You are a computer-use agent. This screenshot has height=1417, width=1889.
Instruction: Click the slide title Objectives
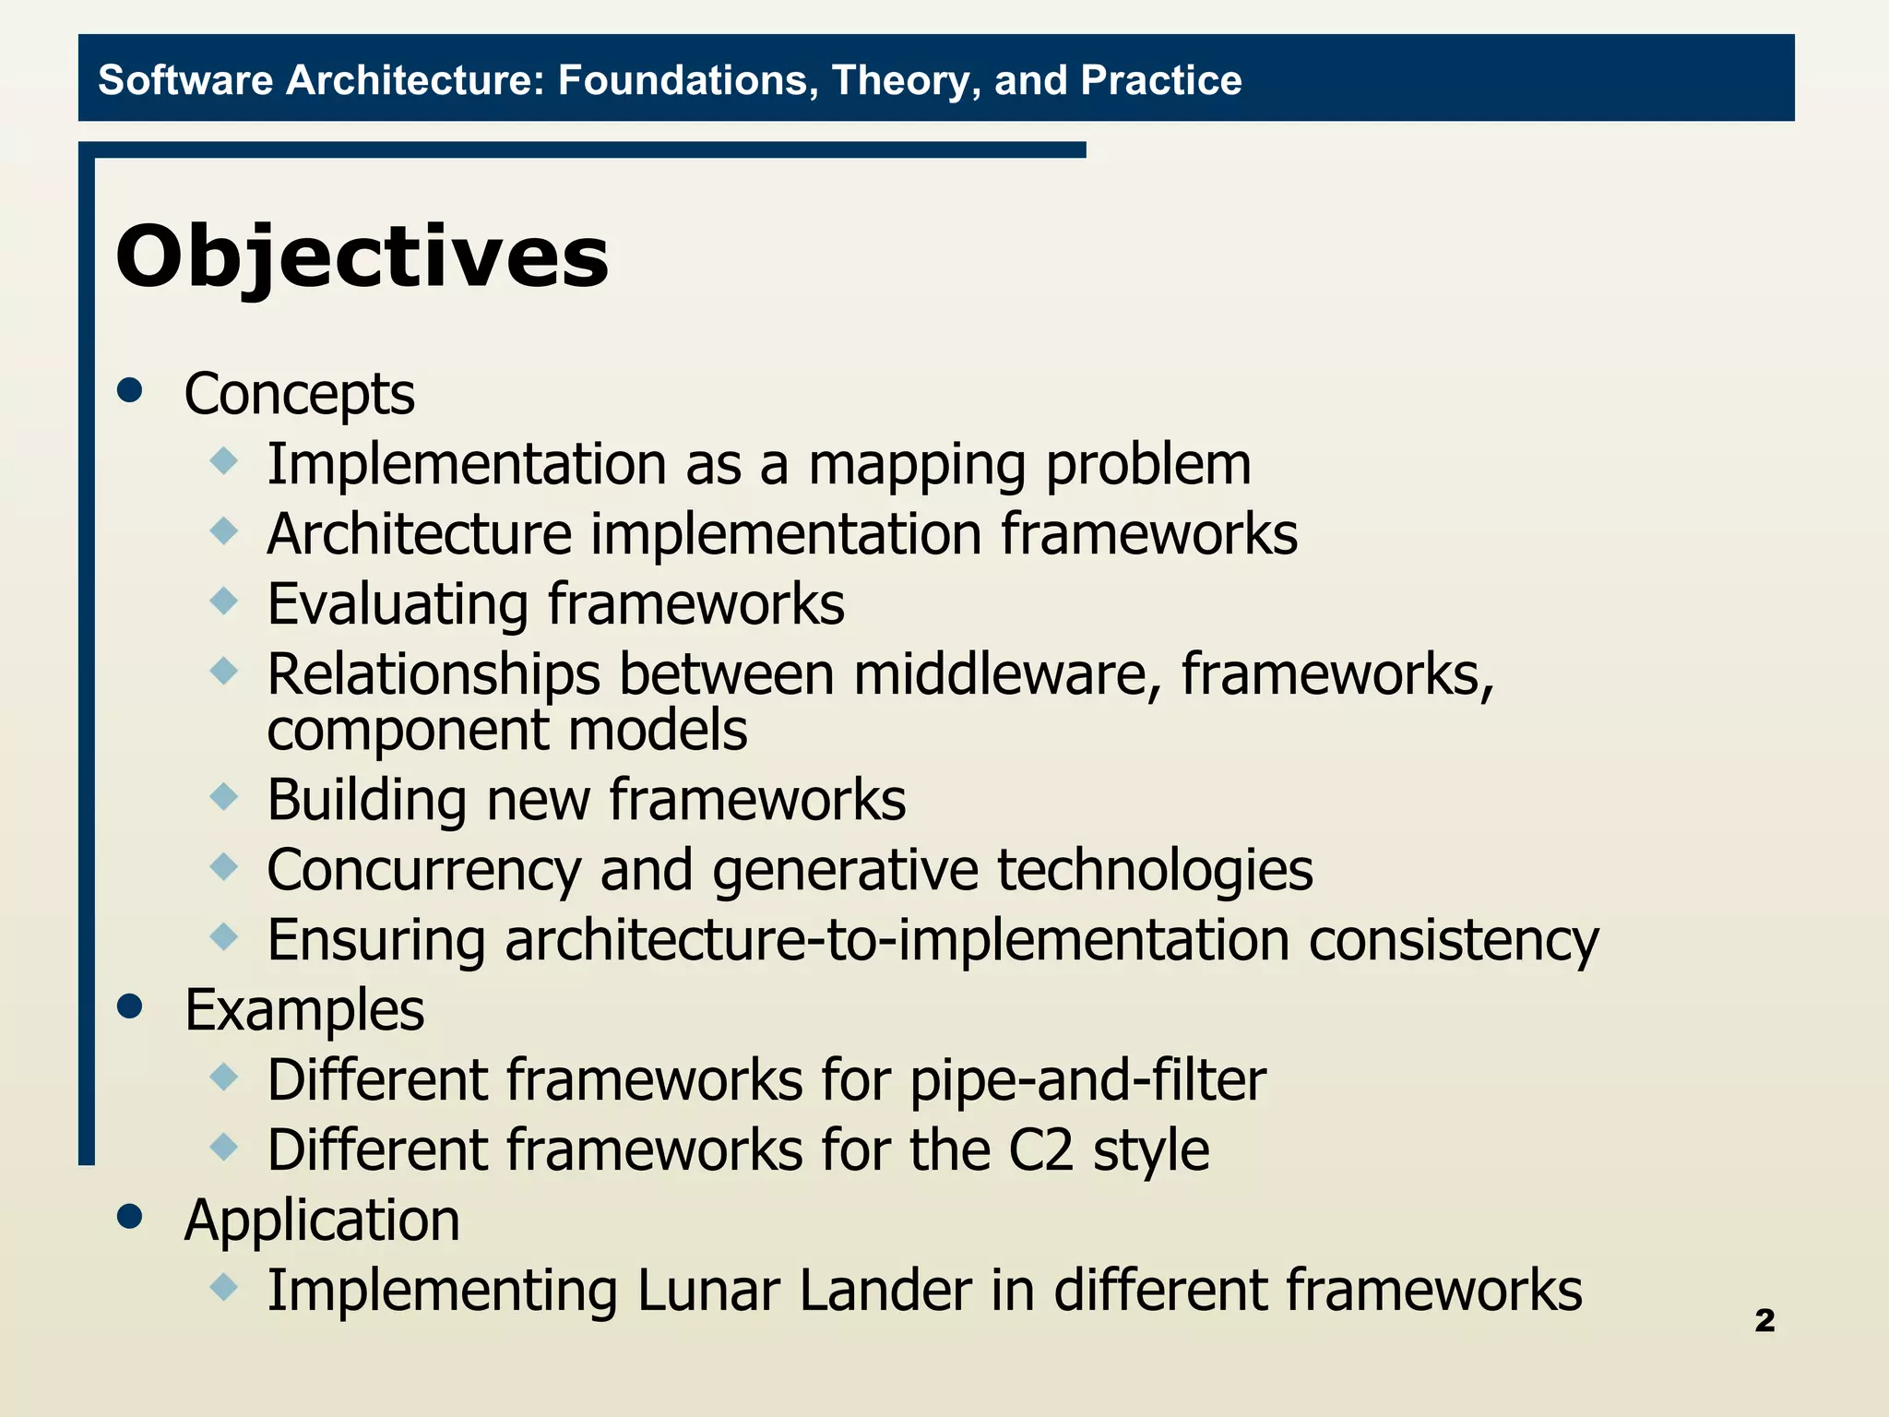(x=362, y=257)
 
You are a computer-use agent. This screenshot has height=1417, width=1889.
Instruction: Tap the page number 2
(x=1764, y=1320)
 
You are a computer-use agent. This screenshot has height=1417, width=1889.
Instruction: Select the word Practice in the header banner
(x=1161, y=80)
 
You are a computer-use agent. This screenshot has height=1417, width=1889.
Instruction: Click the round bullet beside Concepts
(x=131, y=390)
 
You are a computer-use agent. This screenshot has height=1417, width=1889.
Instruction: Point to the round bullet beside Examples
(x=131, y=1006)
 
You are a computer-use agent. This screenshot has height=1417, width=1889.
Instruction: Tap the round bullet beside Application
(x=131, y=1217)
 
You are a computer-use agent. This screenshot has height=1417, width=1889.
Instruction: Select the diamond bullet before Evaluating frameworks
(x=224, y=601)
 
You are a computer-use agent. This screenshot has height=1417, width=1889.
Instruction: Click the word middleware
(x=1006, y=674)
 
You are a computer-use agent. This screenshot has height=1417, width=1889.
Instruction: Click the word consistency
(x=1454, y=941)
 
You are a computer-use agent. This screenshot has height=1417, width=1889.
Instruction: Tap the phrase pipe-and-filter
(x=1087, y=1081)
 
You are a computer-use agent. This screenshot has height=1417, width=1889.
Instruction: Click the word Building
(x=366, y=801)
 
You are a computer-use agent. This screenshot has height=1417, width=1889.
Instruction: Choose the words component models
(x=506, y=731)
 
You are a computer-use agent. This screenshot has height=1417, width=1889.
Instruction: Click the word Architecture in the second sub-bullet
(x=420, y=534)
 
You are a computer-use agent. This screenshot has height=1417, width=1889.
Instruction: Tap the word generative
(x=844, y=871)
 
